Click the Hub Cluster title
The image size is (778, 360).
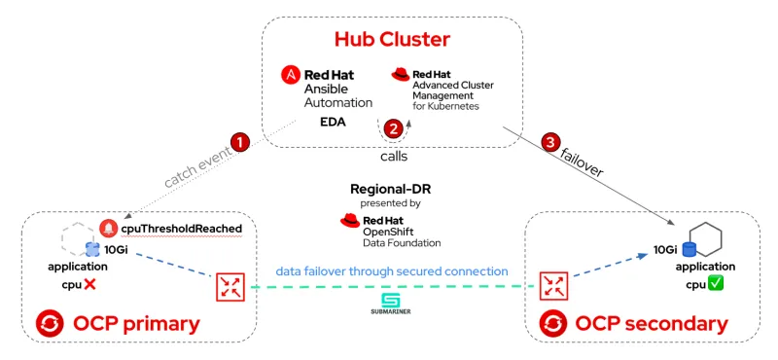[x=393, y=40]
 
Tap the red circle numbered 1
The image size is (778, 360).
[x=240, y=141]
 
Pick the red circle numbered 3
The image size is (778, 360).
[x=551, y=142]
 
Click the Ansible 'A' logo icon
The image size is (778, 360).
[x=290, y=75]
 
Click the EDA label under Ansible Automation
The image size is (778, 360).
[x=334, y=123]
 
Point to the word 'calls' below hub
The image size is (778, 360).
[x=393, y=156]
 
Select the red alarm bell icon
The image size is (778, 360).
[x=108, y=229]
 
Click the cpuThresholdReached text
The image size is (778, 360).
[x=181, y=229]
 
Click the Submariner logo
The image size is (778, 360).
[x=390, y=302]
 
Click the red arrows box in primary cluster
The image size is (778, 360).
[x=231, y=287]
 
